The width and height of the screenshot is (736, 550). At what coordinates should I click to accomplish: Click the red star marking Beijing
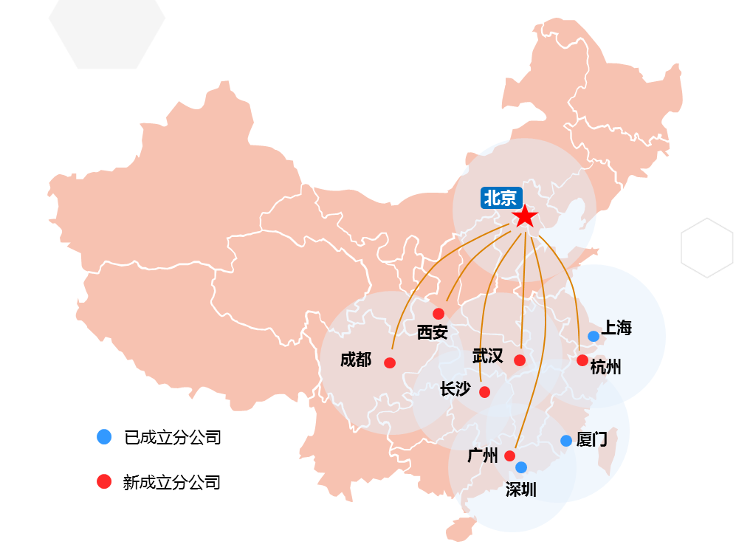(x=524, y=216)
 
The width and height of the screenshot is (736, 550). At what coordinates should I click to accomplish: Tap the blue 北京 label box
(x=501, y=198)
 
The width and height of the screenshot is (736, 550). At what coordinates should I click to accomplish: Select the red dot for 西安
(x=438, y=314)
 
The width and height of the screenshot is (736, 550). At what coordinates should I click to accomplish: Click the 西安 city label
(x=432, y=332)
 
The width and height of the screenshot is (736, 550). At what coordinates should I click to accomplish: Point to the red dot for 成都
(x=390, y=362)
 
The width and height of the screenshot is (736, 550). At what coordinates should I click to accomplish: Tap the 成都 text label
(x=356, y=360)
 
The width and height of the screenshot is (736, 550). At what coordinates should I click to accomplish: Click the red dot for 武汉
(x=520, y=360)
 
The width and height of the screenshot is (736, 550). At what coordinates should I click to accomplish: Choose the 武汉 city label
(x=487, y=357)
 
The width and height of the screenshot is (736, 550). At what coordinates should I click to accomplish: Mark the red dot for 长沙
(x=484, y=392)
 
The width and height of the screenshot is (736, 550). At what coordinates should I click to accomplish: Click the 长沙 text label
(x=455, y=389)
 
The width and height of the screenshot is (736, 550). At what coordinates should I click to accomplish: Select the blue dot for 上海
(x=594, y=336)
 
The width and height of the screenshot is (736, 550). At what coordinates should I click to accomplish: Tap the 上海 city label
(x=616, y=329)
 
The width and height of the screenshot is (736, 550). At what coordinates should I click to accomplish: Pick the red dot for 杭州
(x=582, y=360)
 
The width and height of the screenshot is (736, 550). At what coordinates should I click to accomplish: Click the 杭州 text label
(x=605, y=367)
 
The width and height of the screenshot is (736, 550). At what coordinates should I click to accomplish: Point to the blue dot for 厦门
(x=566, y=441)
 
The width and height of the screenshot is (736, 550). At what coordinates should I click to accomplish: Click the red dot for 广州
(x=509, y=456)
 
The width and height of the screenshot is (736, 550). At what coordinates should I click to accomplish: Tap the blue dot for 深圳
(x=521, y=467)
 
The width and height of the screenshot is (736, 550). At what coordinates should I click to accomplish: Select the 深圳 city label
(x=521, y=489)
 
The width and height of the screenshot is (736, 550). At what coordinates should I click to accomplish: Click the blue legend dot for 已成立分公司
(x=104, y=437)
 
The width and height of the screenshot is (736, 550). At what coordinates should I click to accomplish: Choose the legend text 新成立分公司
(x=172, y=483)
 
